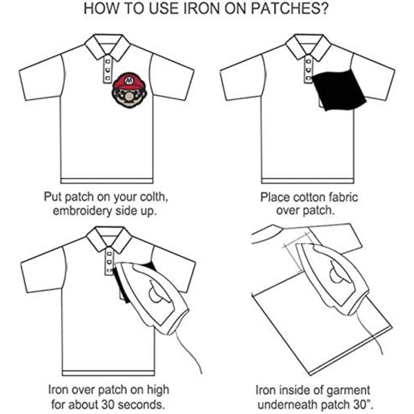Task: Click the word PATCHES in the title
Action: (x=289, y=8)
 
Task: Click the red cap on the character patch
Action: (x=129, y=81)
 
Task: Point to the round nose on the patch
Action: (x=129, y=98)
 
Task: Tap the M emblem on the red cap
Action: (x=128, y=79)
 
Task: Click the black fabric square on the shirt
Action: (x=339, y=89)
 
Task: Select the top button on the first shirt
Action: (x=108, y=61)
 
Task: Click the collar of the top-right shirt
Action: (x=308, y=46)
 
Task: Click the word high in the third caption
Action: (x=158, y=391)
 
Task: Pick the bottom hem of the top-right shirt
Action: (x=308, y=181)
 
